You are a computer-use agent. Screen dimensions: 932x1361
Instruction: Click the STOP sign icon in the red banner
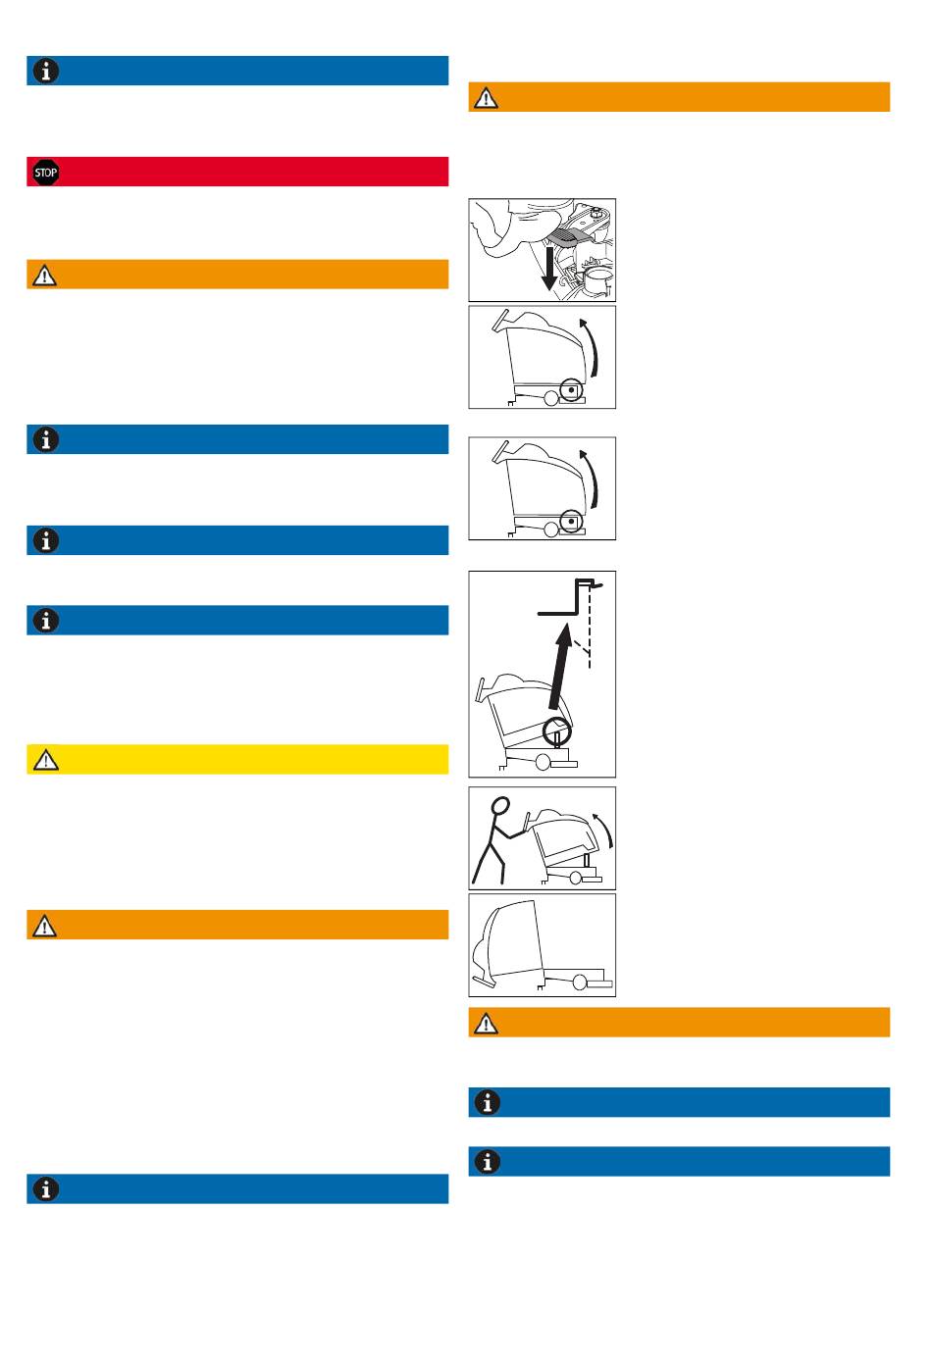[x=45, y=173]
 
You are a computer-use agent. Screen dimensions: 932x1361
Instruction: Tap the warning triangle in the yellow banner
[x=45, y=760]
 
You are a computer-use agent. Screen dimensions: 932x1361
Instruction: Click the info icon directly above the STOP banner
[x=45, y=71]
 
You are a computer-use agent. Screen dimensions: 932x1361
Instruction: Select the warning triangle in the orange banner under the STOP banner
[x=44, y=276]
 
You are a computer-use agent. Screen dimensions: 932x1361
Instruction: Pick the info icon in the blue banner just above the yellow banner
[x=45, y=621]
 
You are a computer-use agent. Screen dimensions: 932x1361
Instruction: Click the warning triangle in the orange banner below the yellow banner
[x=44, y=926]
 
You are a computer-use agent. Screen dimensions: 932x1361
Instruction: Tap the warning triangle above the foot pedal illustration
[x=486, y=97]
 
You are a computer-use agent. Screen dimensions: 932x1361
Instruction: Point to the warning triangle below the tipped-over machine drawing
[x=486, y=1024]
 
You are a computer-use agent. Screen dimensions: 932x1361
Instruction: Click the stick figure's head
[x=499, y=806]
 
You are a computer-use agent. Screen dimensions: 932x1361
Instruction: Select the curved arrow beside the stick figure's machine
[x=605, y=829]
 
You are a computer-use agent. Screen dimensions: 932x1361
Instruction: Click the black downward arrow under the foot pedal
[x=549, y=268]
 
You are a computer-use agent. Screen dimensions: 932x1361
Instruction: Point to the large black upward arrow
[x=560, y=667]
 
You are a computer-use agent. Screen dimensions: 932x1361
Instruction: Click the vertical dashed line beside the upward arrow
[x=589, y=626]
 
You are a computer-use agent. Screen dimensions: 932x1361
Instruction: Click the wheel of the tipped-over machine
[x=580, y=982]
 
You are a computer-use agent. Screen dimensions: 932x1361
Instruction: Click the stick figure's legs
[x=490, y=860]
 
